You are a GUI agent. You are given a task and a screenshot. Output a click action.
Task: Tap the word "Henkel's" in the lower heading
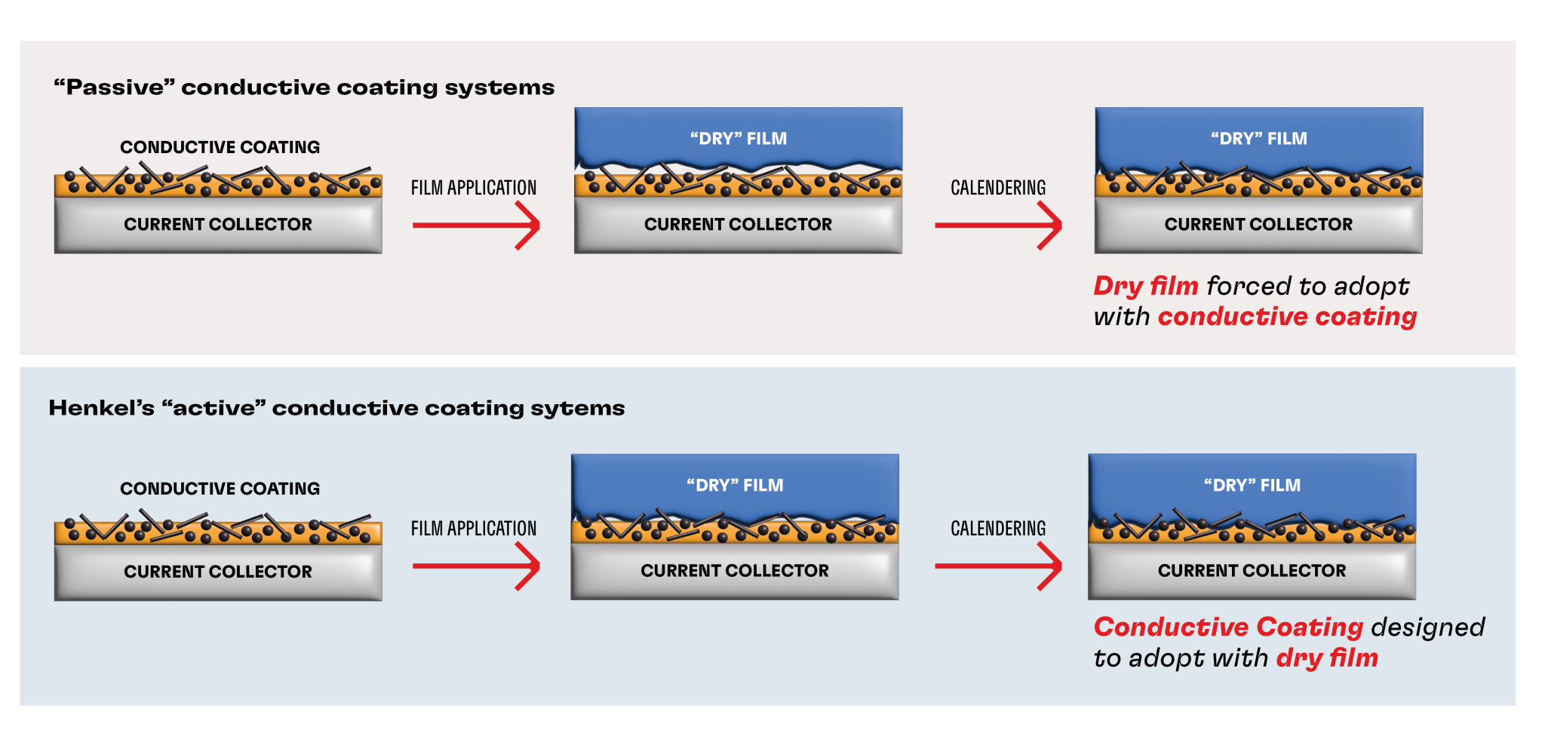pyautogui.click(x=101, y=408)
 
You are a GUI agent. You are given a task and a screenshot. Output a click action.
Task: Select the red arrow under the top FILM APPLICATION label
pyautogui.click(x=476, y=225)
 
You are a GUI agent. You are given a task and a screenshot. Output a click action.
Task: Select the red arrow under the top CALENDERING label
pyautogui.click(x=998, y=225)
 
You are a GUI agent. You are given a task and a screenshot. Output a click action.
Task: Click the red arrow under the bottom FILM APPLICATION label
pyautogui.click(x=476, y=566)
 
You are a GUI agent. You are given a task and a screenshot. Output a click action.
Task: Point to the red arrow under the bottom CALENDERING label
pyautogui.click(x=998, y=566)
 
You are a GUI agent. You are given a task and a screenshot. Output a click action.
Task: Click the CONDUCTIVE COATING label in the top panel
pyautogui.click(x=220, y=147)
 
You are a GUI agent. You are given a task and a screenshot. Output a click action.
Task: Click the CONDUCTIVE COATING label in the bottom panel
pyautogui.click(x=220, y=489)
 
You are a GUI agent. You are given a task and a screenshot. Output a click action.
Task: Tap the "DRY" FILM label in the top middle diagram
pyautogui.click(x=738, y=139)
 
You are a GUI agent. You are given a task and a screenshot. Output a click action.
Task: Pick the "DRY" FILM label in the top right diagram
pyautogui.click(x=1258, y=139)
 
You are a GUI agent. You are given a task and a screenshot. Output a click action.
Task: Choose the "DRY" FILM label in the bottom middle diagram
pyautogui.click(x=735, y=486)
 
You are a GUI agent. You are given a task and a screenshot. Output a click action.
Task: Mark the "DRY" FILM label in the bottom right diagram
pyautogui.click(x=1252, y=486)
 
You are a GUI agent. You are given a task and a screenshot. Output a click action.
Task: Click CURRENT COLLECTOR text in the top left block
pyautogui.click(x=218, y=225)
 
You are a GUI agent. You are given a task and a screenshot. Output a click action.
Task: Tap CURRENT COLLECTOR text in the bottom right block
pyautogui.click(x=1252, y=571)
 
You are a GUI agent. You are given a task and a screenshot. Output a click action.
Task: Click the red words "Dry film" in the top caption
pyautogui.click(x=1145, y=287)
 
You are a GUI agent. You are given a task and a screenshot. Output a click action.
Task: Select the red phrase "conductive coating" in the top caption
pyautogui.click(x=1287, y=317)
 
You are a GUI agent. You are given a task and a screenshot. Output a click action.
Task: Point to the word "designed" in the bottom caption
pyautogui.click(x=1427, y=627)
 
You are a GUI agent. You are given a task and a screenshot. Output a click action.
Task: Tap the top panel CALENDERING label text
pyautogui.click(x=998, y=188)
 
